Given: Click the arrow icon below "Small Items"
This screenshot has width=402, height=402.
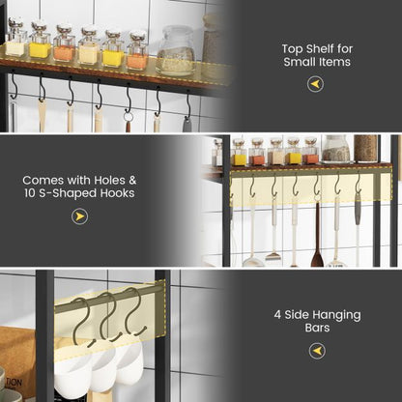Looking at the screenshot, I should [x=316, y=84].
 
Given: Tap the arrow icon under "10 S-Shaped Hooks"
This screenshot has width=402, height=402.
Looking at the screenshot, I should [x=79, y=216].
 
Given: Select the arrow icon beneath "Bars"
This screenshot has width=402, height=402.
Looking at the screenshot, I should [x=316, y=351].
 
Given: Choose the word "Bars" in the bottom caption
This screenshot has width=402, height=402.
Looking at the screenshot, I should [x=316, y=328].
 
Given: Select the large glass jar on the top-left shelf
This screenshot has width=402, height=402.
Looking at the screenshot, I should [x=176, y=50].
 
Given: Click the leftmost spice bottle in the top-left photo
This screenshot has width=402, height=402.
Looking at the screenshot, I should [x=15, y=40].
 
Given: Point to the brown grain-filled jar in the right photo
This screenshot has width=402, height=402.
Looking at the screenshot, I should [x=365, y=148].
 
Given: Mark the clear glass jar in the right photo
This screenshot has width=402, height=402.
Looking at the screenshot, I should [x=336, y=149].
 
